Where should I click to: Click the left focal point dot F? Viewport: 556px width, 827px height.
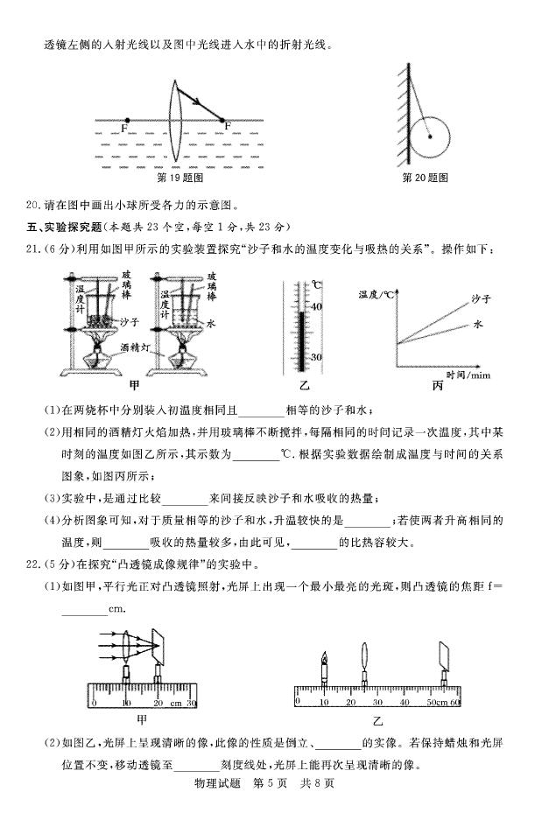pyautogui.click(x=128, y=121)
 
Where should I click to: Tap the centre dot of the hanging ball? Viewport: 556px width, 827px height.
pyautogui.click(x=428, y=136)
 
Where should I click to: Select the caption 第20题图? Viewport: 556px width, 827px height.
pyautogui.click(x=426, y=178)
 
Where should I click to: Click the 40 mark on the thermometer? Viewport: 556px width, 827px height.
pyautogui.click(x=316, y=306)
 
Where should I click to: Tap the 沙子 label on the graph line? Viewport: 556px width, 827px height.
pyautogui.click(x=480, y=300)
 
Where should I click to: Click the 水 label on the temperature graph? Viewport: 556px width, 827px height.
pyautogui.click(x=479, y=323)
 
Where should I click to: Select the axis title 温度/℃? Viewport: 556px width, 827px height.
pyautogui.click(x=377, y=295)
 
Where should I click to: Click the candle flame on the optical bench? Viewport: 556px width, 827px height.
pyautogui.click(x=323, y=656)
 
